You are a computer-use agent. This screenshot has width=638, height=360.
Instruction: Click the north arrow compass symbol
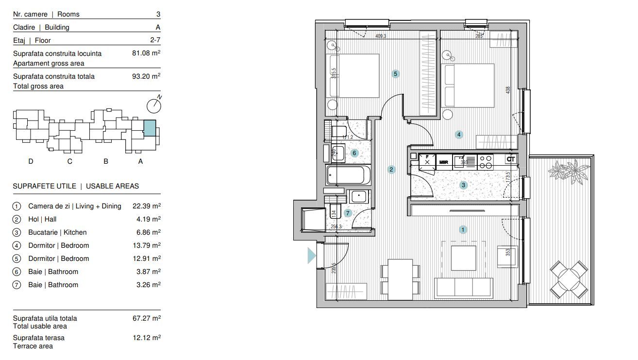pos(154,105)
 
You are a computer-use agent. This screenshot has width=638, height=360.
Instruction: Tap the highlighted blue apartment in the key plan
pos(150,128)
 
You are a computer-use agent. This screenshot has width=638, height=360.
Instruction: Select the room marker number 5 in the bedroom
pos(396,74)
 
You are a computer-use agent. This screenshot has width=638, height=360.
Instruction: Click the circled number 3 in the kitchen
pos(464,185)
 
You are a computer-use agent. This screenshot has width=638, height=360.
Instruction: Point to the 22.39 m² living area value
pos(146,206)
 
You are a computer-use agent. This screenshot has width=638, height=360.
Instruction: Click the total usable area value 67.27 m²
pos(146,318)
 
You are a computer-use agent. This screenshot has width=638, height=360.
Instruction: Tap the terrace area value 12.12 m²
pos(146,338)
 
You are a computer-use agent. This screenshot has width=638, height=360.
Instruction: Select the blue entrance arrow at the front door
pos(311,255)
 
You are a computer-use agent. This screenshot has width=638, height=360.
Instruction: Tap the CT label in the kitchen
pos(510,159)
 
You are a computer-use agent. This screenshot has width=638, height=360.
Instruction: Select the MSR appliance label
pos(443,162)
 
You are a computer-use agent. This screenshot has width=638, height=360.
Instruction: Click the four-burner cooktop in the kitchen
pos(485,162)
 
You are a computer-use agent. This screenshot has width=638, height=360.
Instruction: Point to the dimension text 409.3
pos(380,36)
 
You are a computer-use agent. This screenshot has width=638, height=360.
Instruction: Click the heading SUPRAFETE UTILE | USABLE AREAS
pos(76,186)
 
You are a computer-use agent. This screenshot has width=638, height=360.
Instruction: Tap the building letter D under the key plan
pos(31,161)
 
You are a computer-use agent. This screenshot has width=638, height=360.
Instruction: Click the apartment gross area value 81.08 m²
pos(146,53)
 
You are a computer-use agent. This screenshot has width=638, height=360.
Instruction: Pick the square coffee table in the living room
pos(463,258)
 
